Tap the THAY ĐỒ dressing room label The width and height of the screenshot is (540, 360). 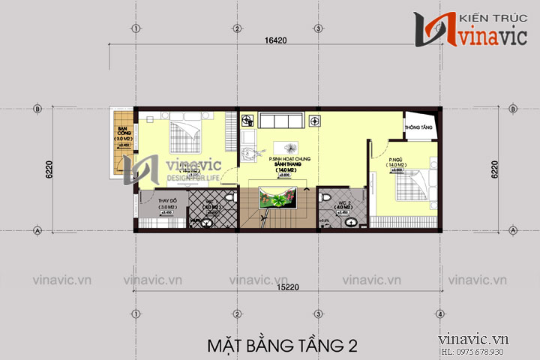click(166, 200)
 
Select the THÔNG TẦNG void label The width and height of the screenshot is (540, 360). click(419, 128)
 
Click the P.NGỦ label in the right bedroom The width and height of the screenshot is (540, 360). click(397, 160)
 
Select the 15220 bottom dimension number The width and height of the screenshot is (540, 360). click(277, 286)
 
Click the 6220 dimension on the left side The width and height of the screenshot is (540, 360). click(48, 169)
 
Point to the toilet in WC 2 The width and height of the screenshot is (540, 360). click(325, 197)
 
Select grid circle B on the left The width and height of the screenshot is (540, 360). click(37, 108)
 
